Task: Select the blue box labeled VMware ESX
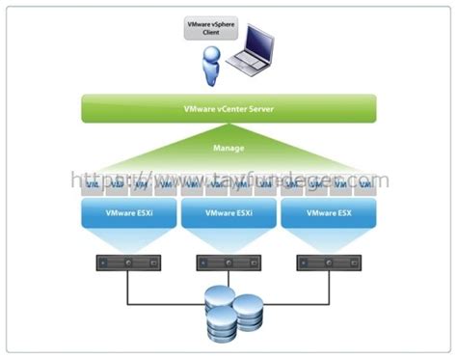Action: [329, 211]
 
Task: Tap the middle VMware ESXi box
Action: [228, 211]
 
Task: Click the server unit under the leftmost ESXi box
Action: [125, 262]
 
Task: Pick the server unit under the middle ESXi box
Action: [228, 262]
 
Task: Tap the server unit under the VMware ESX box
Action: [329, 262]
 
